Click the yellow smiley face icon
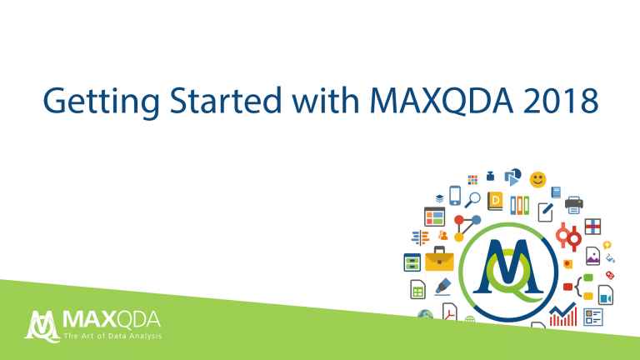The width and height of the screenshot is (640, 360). click(x=538, y=178)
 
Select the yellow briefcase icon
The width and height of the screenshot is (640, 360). click(x=439, y=259)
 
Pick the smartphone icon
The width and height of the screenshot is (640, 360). click(x=455, y=195)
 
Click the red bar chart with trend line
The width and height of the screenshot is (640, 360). click(x=563, y=315)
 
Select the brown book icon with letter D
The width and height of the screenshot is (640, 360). click(x=497, y=201)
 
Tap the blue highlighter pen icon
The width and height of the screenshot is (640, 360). click(x=442, y=288)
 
